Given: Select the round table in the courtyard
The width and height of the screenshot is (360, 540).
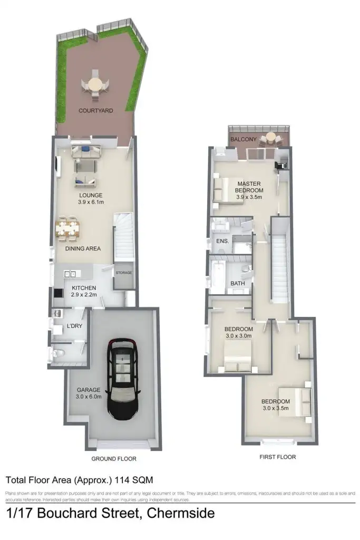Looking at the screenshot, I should pyautogui.click(x=95, y=84).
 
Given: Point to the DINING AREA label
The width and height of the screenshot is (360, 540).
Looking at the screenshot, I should pyautogui.click(x=83, y=248).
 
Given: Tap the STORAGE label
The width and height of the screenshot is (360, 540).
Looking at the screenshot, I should pyautogui.click(x=124, y=273).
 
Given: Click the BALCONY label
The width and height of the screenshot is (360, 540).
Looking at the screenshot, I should pyautogui.click(x=243, y=140).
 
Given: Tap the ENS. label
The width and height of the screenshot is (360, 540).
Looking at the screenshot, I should pyautogui.click(x=223, y=241).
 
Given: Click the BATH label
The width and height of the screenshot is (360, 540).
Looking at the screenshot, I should pyautogui.click(x=238, y=284).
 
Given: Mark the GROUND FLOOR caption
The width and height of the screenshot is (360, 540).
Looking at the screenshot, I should pyautogui.click(x=114, y=459).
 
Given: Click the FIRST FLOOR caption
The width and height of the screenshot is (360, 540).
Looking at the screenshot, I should pyautogui.click(x=278, y=457).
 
